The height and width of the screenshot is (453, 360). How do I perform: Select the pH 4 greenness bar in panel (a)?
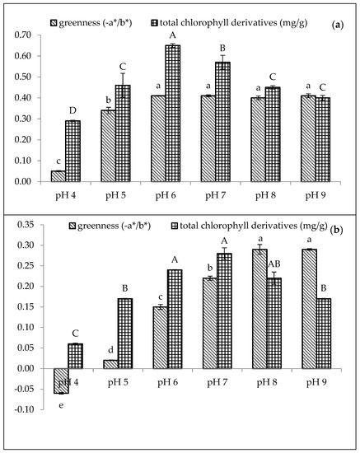pos(57,175)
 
